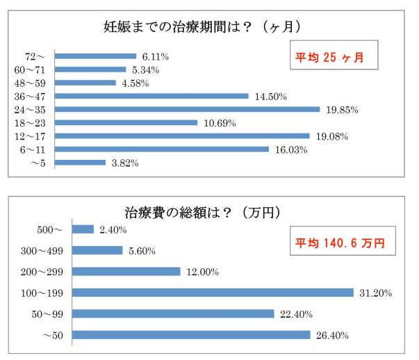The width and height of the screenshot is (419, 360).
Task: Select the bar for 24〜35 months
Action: (187, 109)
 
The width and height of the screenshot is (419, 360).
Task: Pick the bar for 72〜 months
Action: (95, 56)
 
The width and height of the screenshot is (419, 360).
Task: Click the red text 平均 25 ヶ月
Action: (331, 56)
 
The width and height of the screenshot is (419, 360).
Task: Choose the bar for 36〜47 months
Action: (151, 96)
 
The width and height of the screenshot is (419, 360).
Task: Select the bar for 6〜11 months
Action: (161, 149)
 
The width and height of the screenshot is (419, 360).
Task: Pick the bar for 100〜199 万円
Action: (213, 293)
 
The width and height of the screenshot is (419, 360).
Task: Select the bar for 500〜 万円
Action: (83, 229)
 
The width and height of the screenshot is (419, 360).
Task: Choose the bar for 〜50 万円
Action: (191, 335)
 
